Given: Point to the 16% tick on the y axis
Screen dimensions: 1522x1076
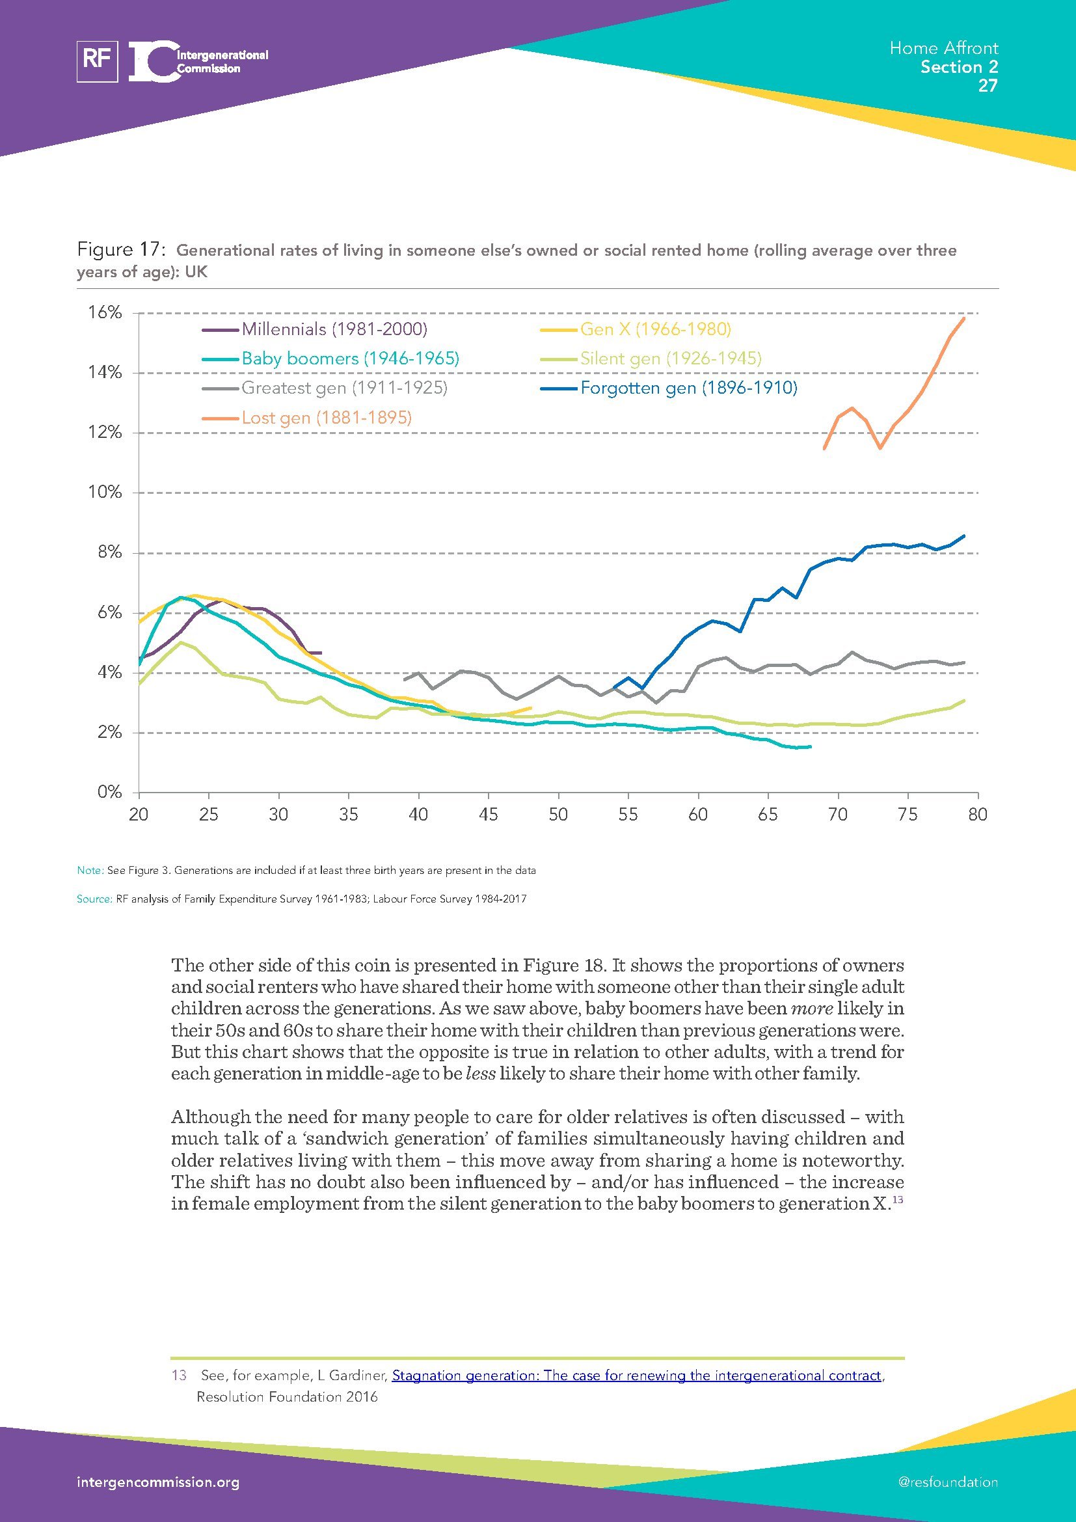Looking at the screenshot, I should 105,313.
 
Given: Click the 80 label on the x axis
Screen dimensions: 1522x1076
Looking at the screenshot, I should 978,814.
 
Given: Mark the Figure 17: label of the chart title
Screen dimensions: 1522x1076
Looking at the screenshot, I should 120,250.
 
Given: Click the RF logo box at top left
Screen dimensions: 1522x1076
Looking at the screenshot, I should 98,61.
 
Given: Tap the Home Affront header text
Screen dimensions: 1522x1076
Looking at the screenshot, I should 943,48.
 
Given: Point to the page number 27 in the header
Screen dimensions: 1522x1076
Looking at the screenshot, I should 988,85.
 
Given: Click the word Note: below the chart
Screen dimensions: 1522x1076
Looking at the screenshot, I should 90,871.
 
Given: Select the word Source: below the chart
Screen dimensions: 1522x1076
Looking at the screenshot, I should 94,899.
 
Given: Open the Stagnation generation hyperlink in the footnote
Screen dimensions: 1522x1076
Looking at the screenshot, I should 636,1376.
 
